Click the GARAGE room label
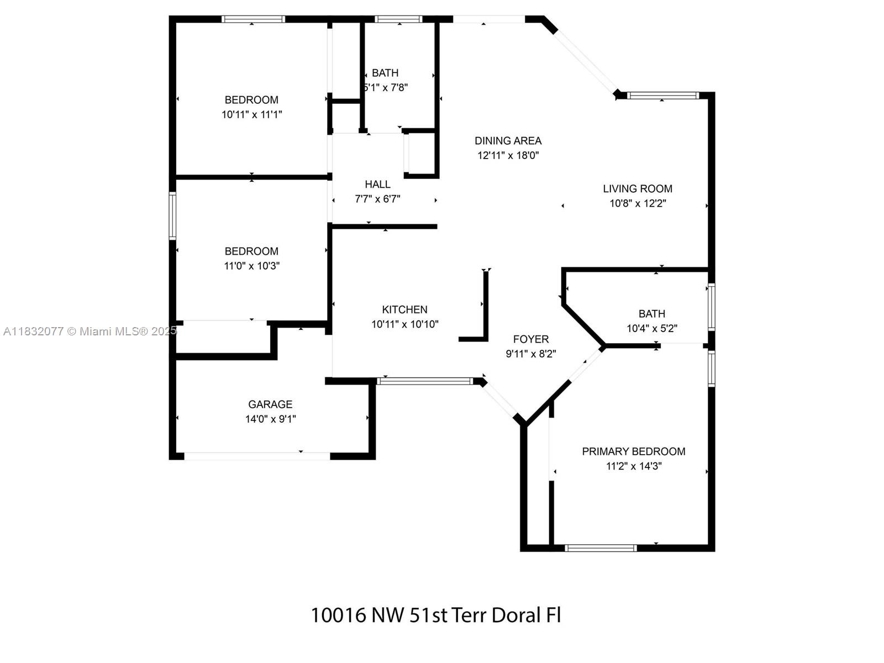tap(270, 404)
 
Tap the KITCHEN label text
tap(404, 310)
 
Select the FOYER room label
tap(530, 339)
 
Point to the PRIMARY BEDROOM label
tap(633, 451)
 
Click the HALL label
tap(377, 185)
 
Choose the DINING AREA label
tap(508, 141)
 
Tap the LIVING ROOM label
tap(637, 189)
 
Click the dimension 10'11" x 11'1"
tap(251, 114)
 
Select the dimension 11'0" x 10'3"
tap(251, 266)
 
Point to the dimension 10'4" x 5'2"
tap(651, 328)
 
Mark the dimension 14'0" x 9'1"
tap(270, 419)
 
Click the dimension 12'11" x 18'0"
tap(508, 155)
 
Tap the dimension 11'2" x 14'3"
tap(633, 466)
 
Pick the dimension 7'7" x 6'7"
tap(377, 199)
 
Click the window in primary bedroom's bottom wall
tap(601, 548)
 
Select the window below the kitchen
tap(425, 381)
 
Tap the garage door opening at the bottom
tap(257, 456)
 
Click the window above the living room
tap(663, 96)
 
